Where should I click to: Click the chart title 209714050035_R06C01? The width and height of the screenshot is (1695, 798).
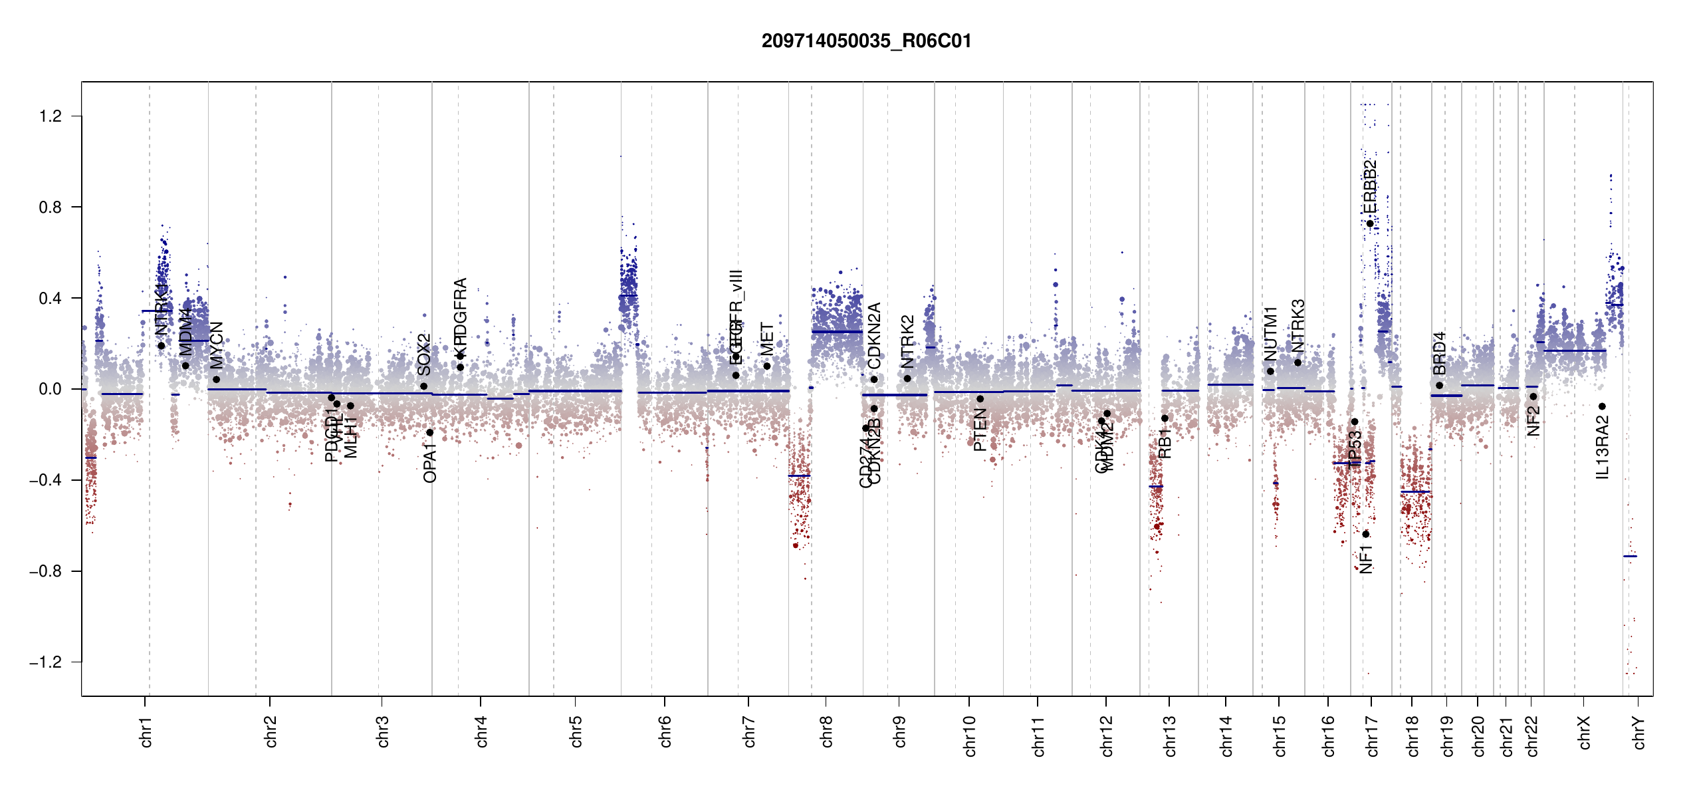866,41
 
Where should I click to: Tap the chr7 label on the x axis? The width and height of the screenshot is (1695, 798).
749,731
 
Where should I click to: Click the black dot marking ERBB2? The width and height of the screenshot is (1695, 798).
1370,223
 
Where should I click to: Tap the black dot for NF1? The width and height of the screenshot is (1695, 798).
1366,534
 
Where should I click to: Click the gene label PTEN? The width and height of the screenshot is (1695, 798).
980,430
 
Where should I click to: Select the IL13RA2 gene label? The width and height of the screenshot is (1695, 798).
1603,448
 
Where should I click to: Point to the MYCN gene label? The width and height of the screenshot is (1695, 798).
217,346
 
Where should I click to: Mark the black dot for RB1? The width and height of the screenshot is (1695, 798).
1165,418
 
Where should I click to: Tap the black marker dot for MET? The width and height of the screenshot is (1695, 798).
767,366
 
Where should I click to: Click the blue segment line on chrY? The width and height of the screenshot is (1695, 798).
1630,556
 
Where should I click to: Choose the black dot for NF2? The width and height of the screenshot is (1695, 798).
1533,396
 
